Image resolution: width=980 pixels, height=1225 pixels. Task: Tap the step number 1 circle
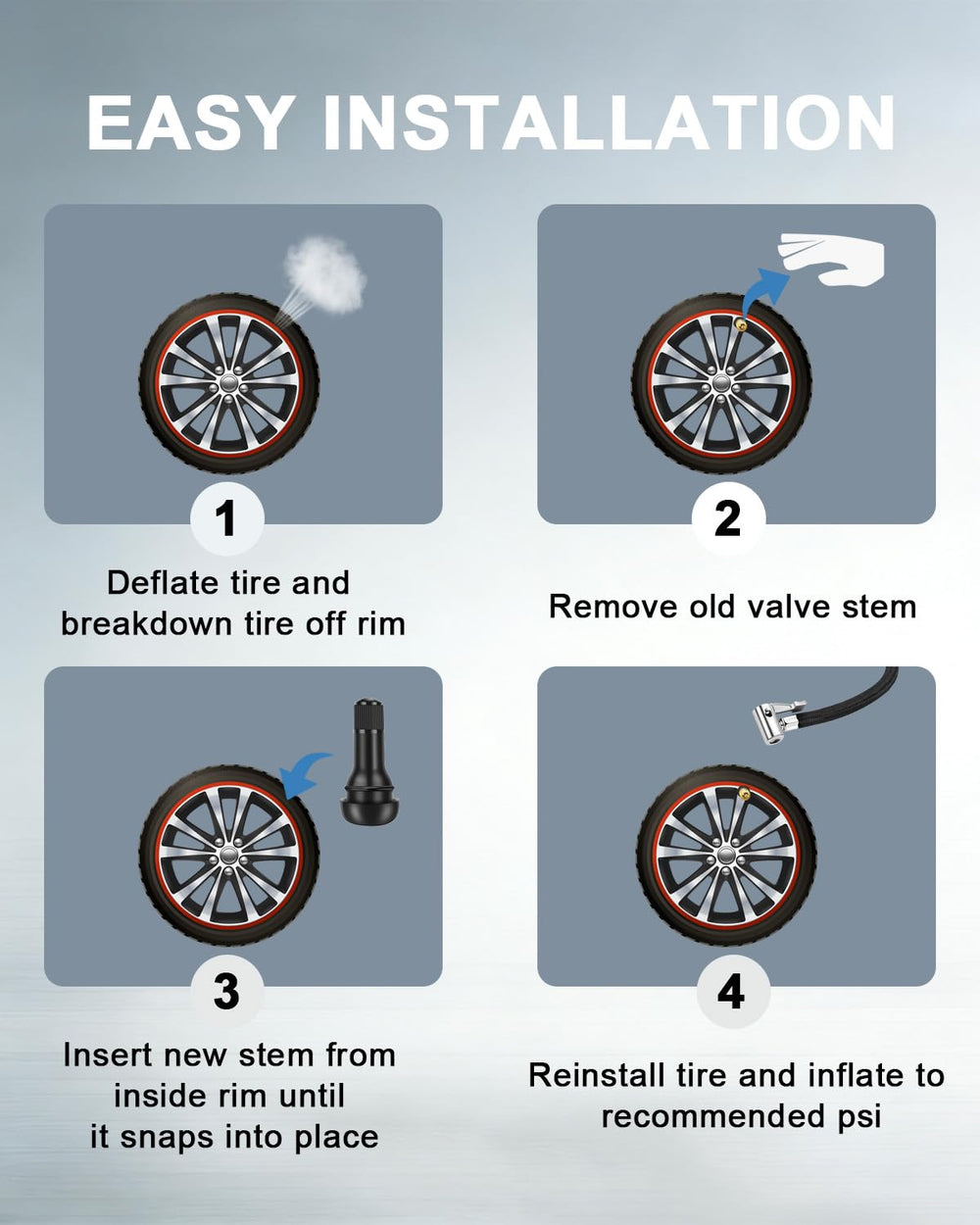point(227,518)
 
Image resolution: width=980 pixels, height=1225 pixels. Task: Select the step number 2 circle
point(728,518)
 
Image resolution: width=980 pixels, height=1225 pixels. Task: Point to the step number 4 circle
point(732,991)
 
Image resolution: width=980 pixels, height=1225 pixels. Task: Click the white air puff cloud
point(325,273)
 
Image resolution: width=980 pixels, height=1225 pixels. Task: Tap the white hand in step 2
point(831,259)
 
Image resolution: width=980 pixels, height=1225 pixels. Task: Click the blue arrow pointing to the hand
point(763,290)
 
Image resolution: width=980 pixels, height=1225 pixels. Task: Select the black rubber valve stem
point(369,759)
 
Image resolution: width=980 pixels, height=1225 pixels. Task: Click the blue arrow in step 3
point(302,775)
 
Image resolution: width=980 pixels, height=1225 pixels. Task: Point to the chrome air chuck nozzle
point(777,720)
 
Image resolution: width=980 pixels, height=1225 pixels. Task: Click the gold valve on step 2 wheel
point(741,325)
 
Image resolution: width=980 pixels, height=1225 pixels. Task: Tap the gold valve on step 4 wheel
point(743,793)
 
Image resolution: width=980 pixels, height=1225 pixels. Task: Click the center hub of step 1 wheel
point(228,383)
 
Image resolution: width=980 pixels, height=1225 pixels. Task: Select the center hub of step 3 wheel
point(228,855)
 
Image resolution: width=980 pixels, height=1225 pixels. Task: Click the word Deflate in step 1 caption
point(163,583)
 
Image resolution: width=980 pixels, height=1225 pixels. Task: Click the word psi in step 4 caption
point(859,1116)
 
